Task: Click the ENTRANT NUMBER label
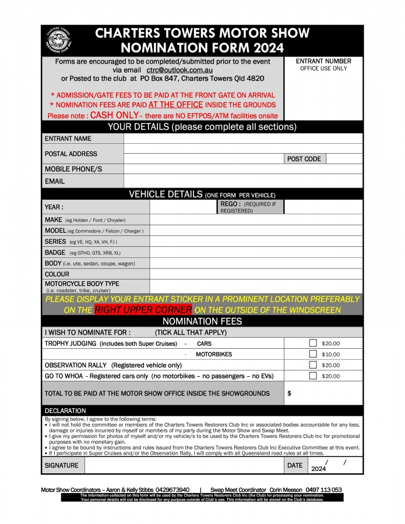(x=323, y=61)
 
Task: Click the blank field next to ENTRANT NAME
(x=243, y=139)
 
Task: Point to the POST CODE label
(x=304, y=158)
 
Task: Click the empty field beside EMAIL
(x=243, y=181)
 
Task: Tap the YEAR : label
(x=54, y=207)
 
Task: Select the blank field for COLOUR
(x=256, y=274)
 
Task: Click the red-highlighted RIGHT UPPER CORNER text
(x=143, y=310)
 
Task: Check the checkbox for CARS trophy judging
(x=313, y=344)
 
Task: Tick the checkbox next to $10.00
(x=313, y=354)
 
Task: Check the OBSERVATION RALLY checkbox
(x=313, y=365)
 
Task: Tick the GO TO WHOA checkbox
(x=313, y=376)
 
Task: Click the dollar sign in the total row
(x=290, y=394)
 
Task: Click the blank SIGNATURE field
(x=184, y=465)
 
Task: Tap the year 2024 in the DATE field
(x=319, y=469)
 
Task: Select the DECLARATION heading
(x=65, y=410)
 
